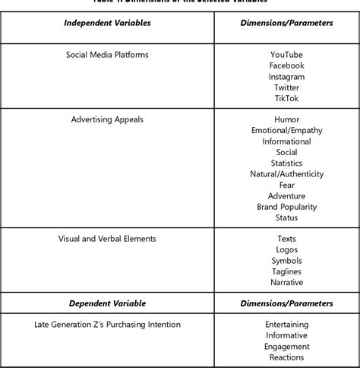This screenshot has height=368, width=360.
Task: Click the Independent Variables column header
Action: pos(107,23)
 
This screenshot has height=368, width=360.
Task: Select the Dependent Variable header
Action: pos(107,303)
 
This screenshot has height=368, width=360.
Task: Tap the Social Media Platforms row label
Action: pos(107,56)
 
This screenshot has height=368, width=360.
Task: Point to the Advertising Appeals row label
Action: pos(107,120)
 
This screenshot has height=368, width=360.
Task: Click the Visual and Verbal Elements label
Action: pos(107,239)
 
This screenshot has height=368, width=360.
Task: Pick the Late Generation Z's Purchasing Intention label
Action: pos(107,325)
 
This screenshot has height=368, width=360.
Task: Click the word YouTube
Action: pos(286,55)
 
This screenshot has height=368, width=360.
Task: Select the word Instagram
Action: pos(286,77)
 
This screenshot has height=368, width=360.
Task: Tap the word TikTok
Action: pos(286,99)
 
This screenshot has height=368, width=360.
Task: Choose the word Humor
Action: pos(286,120)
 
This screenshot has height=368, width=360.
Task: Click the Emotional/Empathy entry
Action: pos(286,131)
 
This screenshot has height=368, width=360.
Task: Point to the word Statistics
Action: pos(286,163)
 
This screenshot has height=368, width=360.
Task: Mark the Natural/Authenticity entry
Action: pos(286,174)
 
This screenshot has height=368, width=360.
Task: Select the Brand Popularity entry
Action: pos(286,207)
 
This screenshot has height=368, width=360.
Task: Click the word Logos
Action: pos(286,250)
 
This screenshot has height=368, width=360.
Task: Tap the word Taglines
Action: pos(286,271)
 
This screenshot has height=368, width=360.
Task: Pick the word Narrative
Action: pos(286,283)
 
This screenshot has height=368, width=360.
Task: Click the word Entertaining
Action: pos(286,325)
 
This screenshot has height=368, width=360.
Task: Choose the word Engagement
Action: pos(286,347)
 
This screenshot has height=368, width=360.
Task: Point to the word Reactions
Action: pos(286,357)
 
